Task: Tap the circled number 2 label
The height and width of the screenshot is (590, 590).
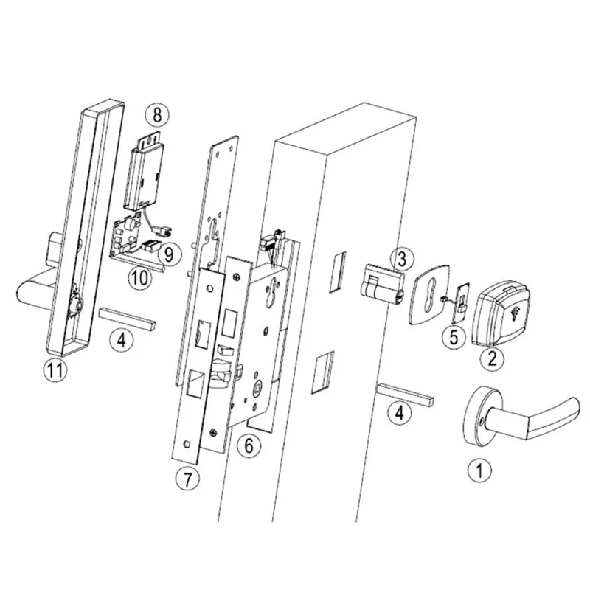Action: tap(492, 360)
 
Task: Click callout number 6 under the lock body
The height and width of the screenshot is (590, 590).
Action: tap(249, 445)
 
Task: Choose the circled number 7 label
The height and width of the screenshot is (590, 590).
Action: tap(188, 479)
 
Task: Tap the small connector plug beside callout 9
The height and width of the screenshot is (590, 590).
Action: tap(152, 246)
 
